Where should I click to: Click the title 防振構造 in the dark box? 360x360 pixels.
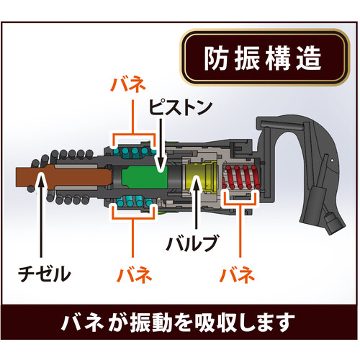pos(263,58)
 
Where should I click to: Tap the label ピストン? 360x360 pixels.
pos(181,107)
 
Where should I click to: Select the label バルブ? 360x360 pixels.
pos(192,243)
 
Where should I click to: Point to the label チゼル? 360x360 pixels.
pos(45,274)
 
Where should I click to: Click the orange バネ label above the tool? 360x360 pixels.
pos(128,85)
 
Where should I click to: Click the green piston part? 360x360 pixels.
pos(145,176)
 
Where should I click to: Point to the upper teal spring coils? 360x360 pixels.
pos(135,151)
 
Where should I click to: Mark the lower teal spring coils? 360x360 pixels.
pos(135,202)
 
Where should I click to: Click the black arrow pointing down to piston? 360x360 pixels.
pos(161,145)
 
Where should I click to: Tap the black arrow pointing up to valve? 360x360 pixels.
pos(197,202)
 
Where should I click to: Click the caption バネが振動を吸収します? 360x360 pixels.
pos(178,323)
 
